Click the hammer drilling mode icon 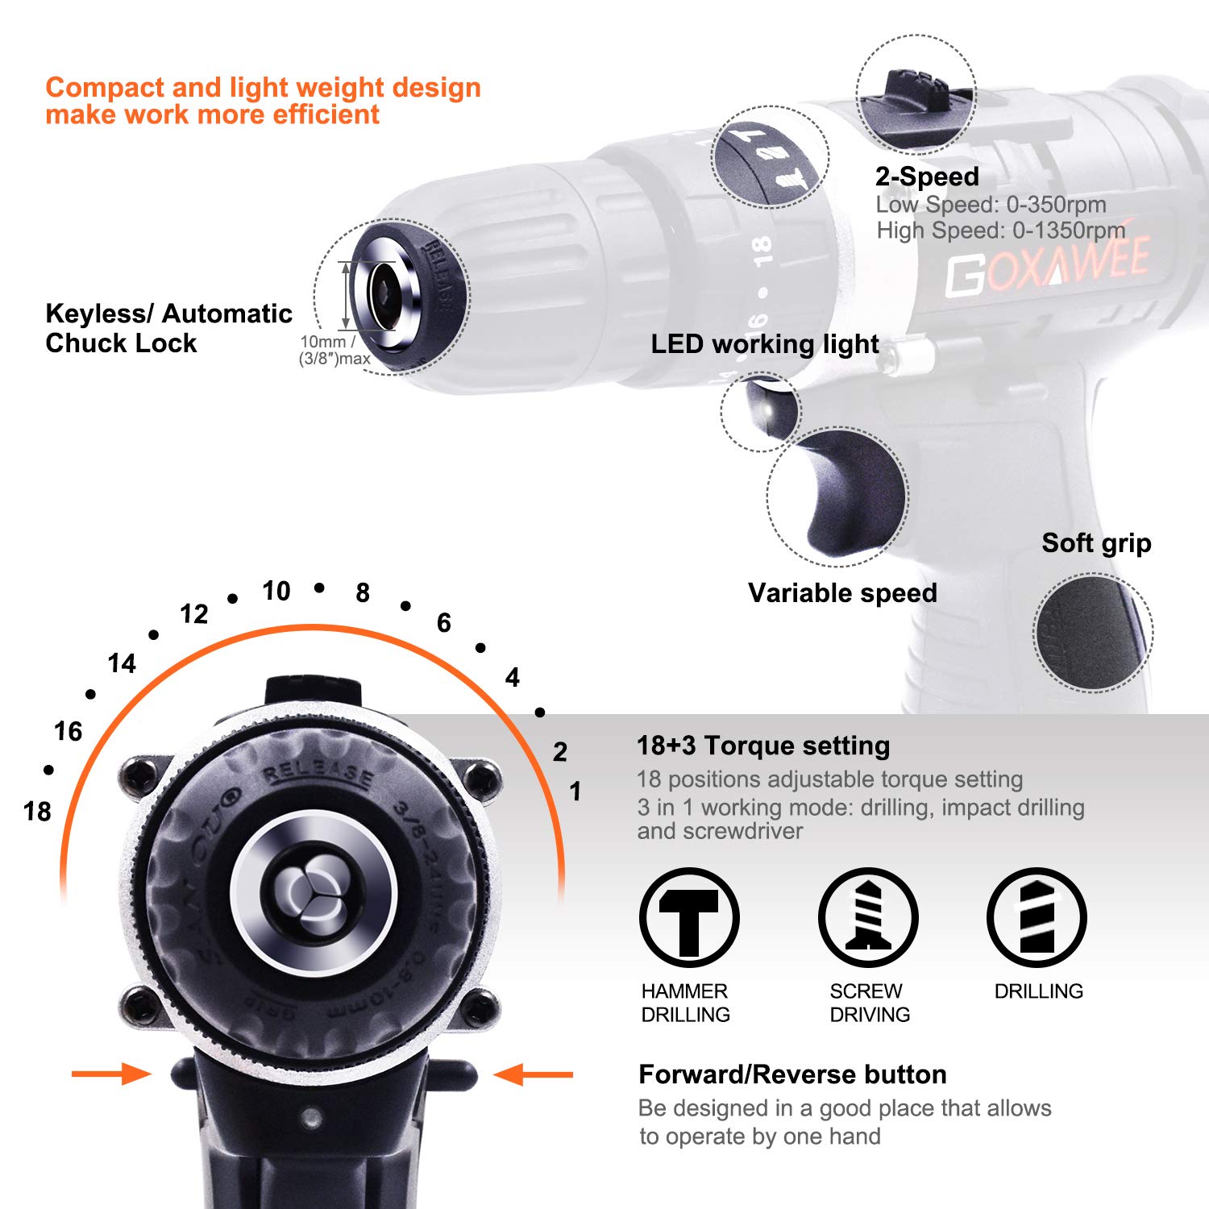689,917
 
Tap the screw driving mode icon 868,917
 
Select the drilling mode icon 1037,917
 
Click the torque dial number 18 37,811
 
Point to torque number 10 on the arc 276,591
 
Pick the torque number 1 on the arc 575,791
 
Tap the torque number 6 443,622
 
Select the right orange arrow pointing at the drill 533,1074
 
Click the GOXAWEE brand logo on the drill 1048,266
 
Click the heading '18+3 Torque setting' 762,746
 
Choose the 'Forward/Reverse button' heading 791,1074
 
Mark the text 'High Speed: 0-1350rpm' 1000,231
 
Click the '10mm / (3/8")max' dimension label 334,351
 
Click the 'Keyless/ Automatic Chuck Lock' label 168,328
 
